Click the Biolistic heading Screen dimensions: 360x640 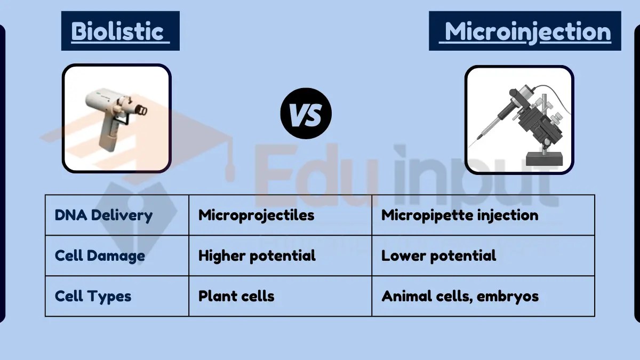pyautogui.click(x=120, y=31)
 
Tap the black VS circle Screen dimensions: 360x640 pyautogui.click(x=306, y=114)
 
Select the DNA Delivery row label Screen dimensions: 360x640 pyautogui.click(x=103, y=215)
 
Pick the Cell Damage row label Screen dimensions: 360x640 pyautogui.click(x=100, y=255)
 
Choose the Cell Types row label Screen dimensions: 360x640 pyautogui.click(x=93, y=296)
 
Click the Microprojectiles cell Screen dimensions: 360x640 pyautogui.click(x=256, y=215)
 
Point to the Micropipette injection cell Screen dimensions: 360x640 pyautogui.click(x=459, y=215)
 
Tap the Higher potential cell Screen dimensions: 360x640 pyautogui.click(x=257, y=255)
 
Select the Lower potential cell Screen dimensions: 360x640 pyautogui.click(x=438, y=255)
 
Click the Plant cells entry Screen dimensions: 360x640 pyautogui.click(x=236, y=296)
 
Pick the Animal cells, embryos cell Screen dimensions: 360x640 pyautogui.click(x=460, y=296)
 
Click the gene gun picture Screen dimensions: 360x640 pyautogui.click(x=116, y=118)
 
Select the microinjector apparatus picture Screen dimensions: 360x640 pyautogui.click(x=519, y=119)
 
